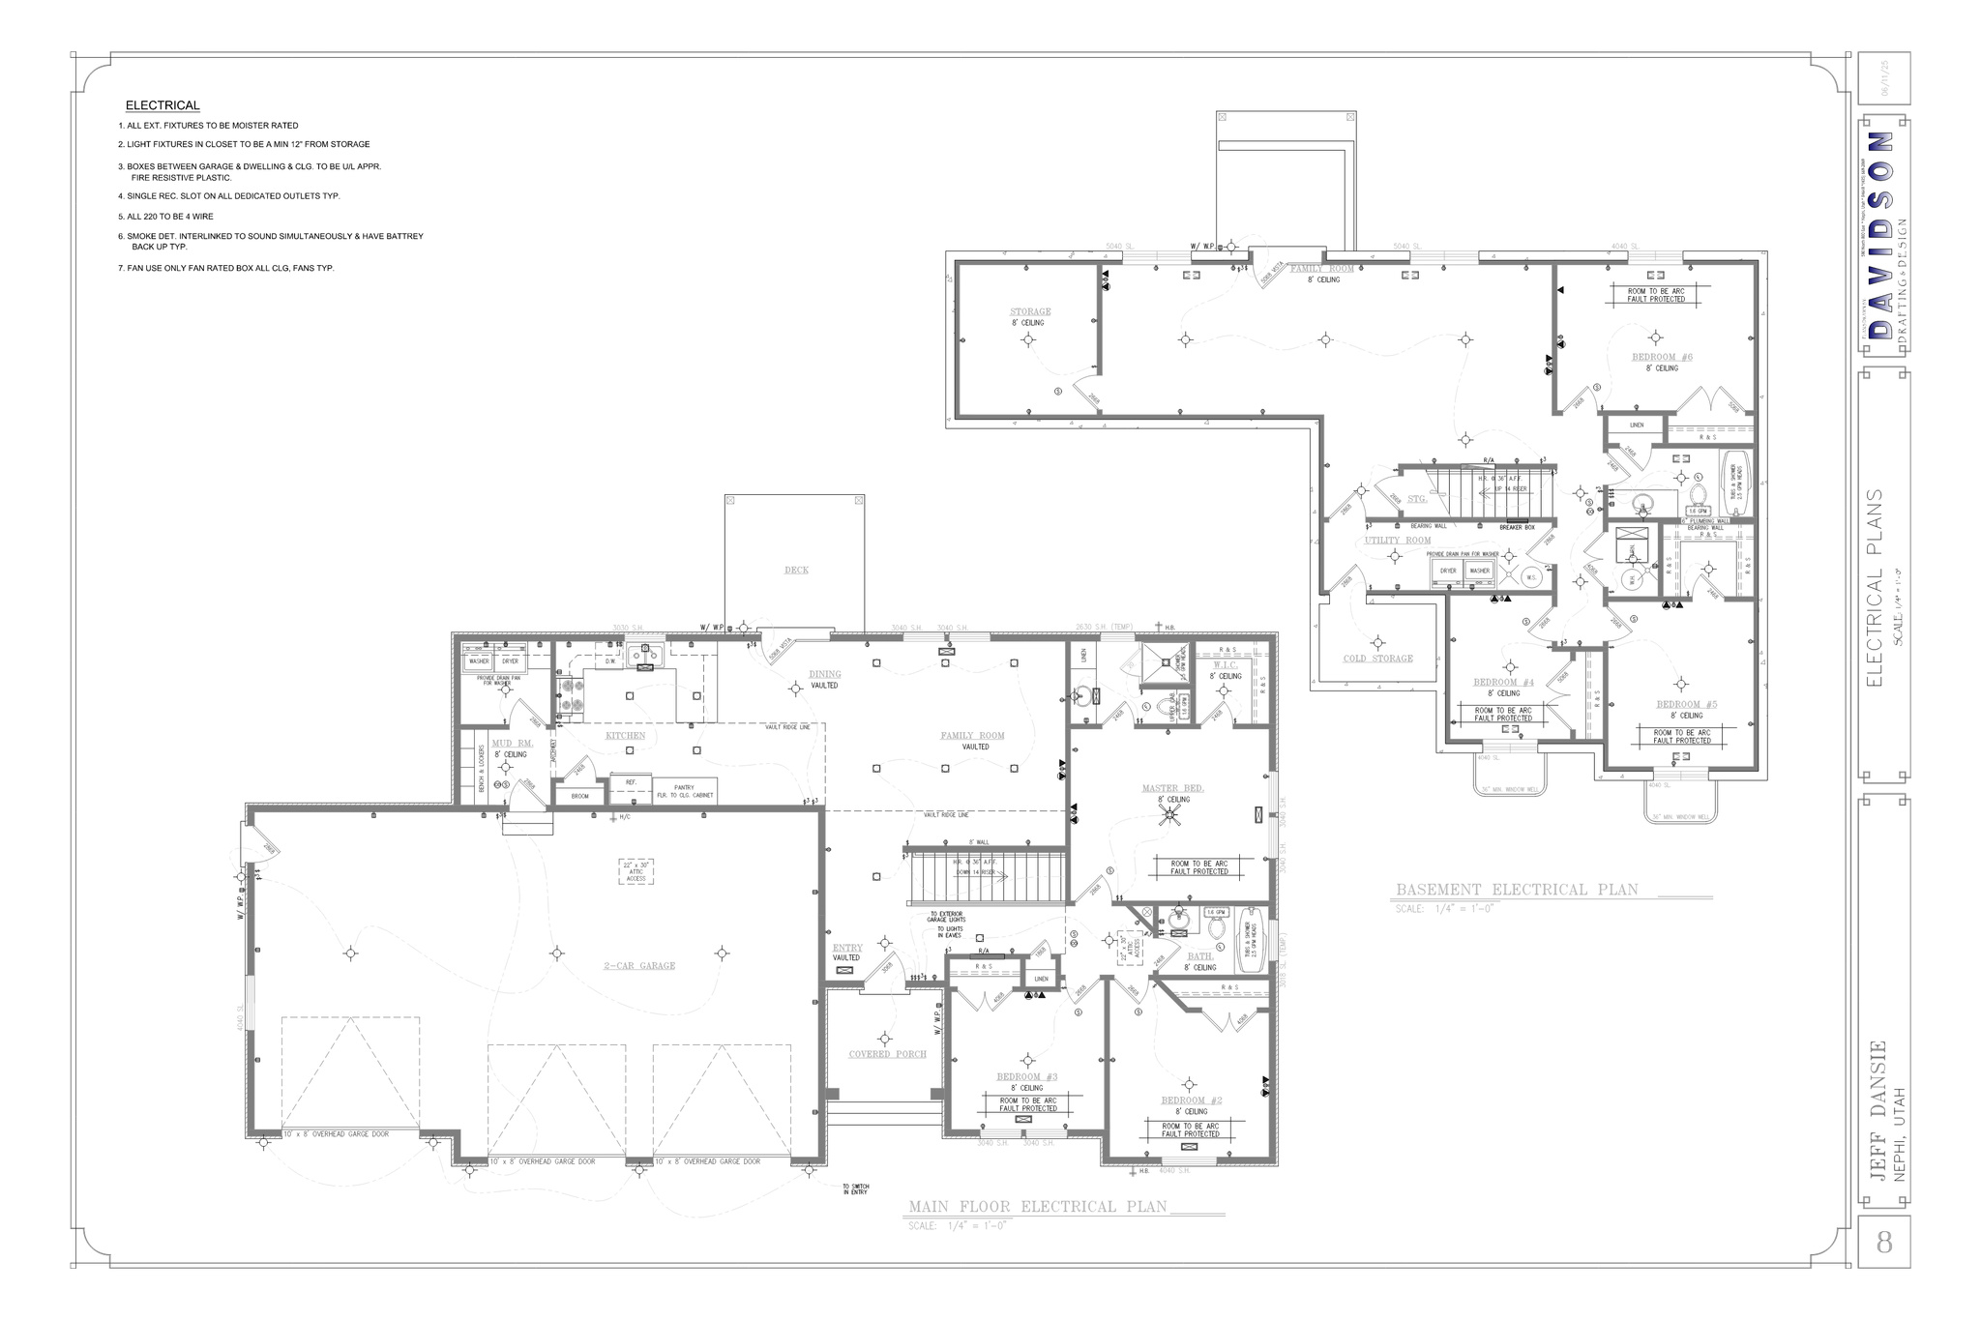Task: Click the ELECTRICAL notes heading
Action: pyautogui.click(x=163, y=105)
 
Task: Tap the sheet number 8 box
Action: pyautogui.click(x=1883, y=1242)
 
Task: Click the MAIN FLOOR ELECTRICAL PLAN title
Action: pyautogui.click(x=1037, y=1207)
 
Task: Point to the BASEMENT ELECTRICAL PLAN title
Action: pyautogui.click(x=1517, y=890)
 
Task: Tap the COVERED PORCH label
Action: pyautogui.click(x=887, y=1054)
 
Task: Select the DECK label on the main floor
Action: pyautogui.click(x=796, y=571)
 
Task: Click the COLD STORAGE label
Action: pyautogui.click(x=1377, y=659)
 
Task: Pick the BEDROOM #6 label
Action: pyautogui.click(x=1662, y=358)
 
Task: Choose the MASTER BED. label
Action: pyautogui.click(x=1172, y=789)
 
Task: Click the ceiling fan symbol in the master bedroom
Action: pyautogui.click(x=1170, y=815)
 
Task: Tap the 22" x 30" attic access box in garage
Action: pyautogui.click(x=636, y=871)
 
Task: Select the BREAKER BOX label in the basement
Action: pyautogui.click(x=1517, y=527)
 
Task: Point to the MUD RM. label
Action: pyautogui.click(x=512, y=744)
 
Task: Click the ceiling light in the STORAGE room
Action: pyautogui.click(x=1028, y=338)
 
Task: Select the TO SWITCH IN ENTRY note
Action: pyautogui.click(x=855, y=1189)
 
